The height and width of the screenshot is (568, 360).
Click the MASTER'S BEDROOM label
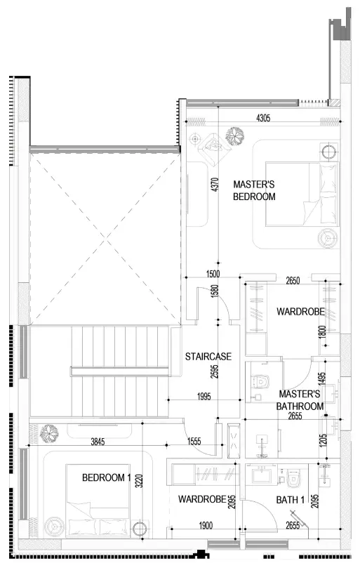(254, 190)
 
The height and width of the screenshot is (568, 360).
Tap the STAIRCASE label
(208, 357)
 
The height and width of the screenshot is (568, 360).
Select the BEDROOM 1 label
(106, 477)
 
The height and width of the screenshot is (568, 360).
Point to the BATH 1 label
(290, 500)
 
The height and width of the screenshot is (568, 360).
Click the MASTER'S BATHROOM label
(300, 400)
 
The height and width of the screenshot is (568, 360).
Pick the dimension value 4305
(263, 118)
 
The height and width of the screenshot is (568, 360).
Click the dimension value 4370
(215, 185)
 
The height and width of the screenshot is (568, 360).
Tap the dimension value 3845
(98, 442)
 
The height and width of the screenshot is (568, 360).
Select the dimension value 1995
(204, 396)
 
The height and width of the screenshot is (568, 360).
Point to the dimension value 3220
(139, 481)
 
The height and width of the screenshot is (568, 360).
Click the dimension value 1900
(206, 525)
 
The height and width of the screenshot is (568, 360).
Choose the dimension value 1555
(194, 441)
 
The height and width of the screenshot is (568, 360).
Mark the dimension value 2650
(293, 280)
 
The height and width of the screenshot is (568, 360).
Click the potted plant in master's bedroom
(234, 136)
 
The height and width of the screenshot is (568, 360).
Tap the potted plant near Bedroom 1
(50, 433)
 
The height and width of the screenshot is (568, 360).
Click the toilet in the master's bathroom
(260, 381)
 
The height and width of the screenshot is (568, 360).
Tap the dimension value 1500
(213, 274)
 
